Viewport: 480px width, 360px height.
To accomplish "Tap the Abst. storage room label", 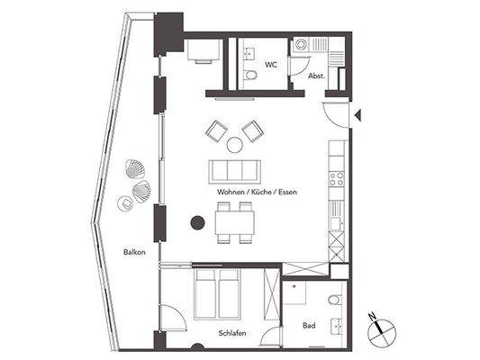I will [317, 76].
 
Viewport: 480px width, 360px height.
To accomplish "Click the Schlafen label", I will [233, 333].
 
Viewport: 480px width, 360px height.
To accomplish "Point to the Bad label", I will [309, 326].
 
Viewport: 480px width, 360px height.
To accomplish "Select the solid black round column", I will [195, 223].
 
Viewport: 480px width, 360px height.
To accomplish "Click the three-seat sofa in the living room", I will [233, 171].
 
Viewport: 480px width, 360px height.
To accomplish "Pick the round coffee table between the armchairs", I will [233, 144].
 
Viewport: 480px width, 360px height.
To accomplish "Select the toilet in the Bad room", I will [335, 300].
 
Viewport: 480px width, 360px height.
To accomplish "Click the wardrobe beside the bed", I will [270, 293].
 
